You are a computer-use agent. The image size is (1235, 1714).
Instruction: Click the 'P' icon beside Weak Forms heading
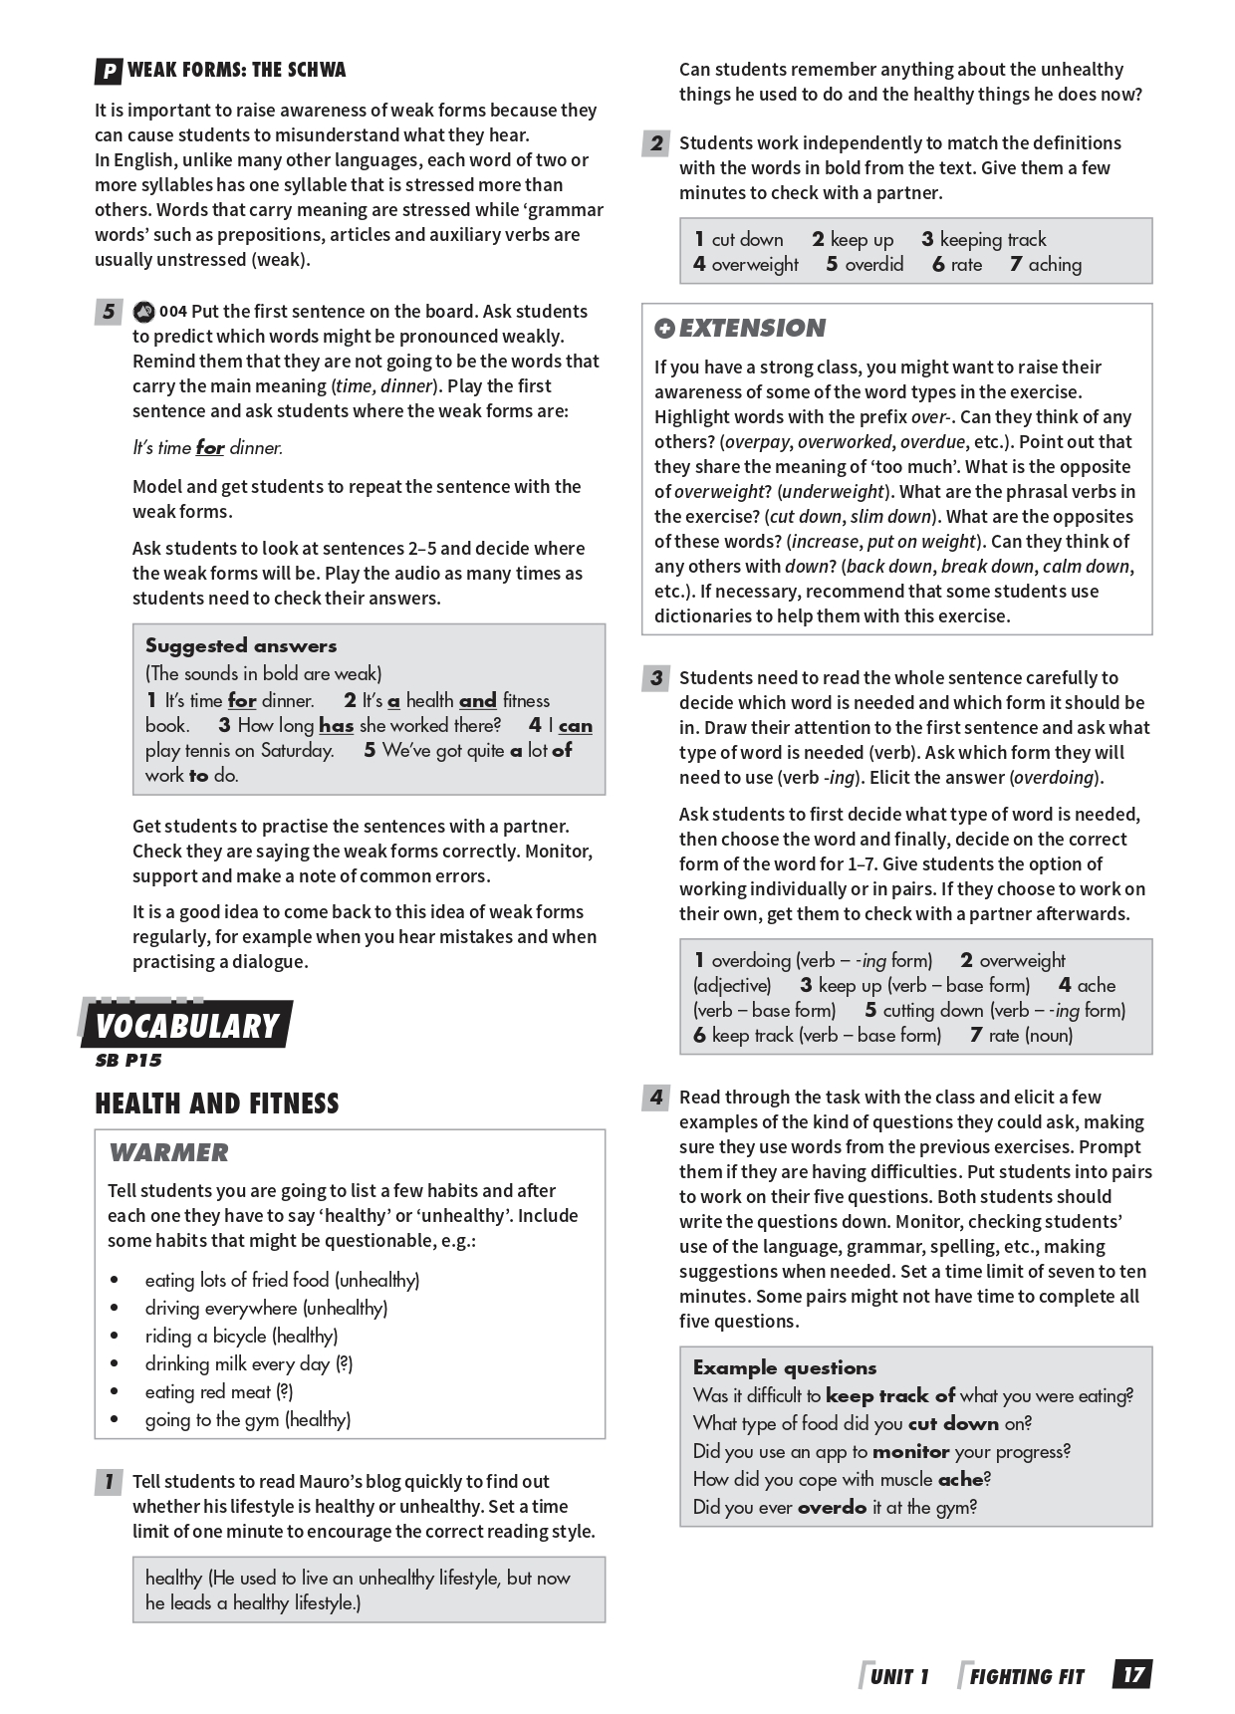109,72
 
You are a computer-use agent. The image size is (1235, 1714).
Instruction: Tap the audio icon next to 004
143,312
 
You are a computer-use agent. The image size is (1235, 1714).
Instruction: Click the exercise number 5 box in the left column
109,312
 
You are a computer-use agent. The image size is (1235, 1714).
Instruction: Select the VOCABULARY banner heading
186,1026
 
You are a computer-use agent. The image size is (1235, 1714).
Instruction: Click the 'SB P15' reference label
128,1061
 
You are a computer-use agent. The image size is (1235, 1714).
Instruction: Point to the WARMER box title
168,1152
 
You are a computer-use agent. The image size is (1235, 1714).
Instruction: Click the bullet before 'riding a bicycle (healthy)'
116,1337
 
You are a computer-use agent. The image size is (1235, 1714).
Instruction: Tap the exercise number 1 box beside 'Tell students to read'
109,1482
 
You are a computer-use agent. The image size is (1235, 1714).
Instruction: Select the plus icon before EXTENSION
664,329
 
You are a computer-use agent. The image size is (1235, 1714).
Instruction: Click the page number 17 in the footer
1133,1675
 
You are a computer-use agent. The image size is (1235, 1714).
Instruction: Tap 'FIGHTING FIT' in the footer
1026,1677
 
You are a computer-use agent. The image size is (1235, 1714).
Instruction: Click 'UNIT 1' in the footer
898,1677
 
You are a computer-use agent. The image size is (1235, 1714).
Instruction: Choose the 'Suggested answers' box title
241,645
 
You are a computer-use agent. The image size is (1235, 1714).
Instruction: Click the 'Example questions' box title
785,1367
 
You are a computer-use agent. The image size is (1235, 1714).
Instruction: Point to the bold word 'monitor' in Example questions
911,1451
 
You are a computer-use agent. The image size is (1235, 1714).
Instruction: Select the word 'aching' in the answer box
1055,265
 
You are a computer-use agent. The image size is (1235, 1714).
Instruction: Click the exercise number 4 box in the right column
655,1098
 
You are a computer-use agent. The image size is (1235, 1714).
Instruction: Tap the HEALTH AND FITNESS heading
217,1103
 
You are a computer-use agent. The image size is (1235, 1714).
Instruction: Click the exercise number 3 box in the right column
655,678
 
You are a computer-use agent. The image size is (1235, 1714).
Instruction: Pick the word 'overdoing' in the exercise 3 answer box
751,960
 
